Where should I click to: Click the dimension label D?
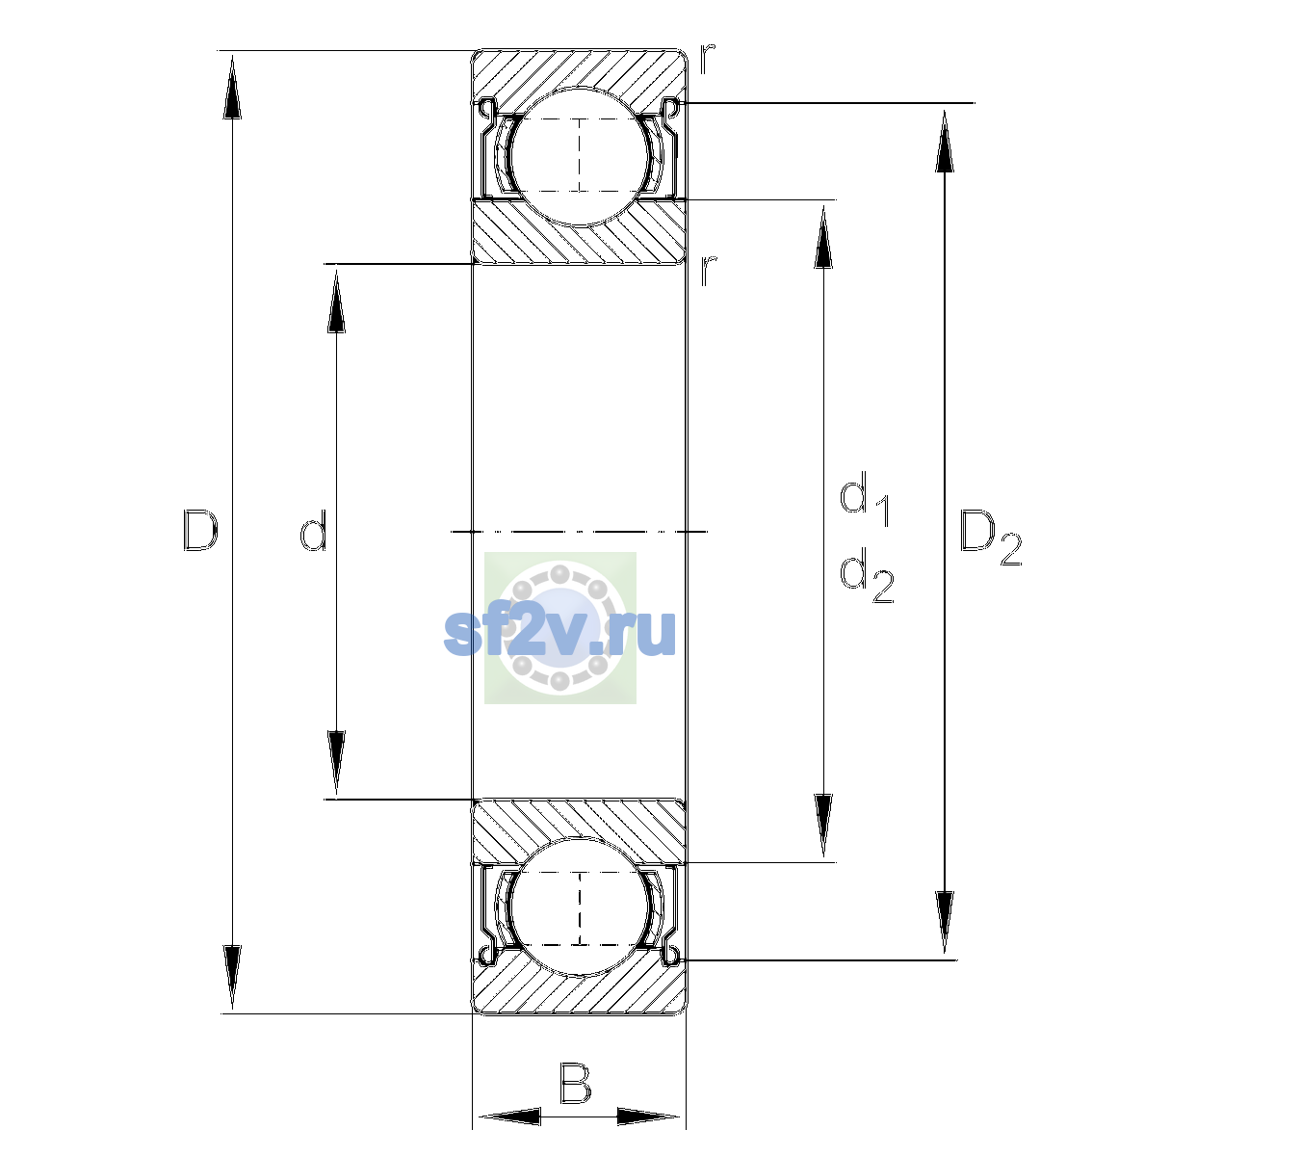200,531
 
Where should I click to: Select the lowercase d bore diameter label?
314,531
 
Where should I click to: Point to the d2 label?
867,575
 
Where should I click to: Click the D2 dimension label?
990,538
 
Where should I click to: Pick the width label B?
575,1084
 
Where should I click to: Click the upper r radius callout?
707,59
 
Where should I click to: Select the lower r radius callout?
708,271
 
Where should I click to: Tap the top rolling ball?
580,157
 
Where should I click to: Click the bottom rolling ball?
580,907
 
